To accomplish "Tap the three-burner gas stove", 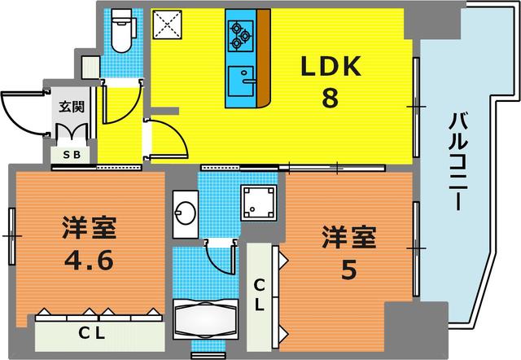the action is [241, 36].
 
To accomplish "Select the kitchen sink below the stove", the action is [242, 81].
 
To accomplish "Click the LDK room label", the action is [331, 67].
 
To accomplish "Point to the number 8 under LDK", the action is [330, 98].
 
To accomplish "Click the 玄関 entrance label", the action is [72, 107].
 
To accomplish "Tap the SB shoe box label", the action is [72, 155].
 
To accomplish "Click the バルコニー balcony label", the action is [458, 161].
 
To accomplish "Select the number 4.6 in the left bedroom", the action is [89, 261].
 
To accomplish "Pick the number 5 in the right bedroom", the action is [349, 270].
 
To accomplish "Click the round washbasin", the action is [185, 213].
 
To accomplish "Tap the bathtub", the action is [206, 318].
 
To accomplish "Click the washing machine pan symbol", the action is [259, 203].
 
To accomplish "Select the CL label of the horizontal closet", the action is [92, 333].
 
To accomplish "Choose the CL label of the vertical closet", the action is [259, 295].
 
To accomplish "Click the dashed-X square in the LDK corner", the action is [167, 24].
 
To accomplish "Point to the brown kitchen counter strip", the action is [264, 57].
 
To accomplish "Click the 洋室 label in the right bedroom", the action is [349, 237].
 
